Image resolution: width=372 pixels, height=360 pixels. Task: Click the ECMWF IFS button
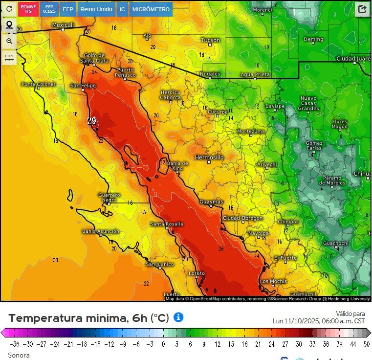click(x=28, y=9)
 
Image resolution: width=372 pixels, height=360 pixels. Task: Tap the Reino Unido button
click(x=97, y=9)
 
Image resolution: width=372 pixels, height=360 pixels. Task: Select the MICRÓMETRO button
click(x=151, y=9)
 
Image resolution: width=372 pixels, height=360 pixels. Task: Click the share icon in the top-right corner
click(x=362, y=9)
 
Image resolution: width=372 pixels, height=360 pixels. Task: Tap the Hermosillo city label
click(x=209, y=157)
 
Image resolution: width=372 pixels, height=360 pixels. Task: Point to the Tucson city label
click(x=211, y=40)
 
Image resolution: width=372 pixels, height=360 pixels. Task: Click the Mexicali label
click(x=63, y=25)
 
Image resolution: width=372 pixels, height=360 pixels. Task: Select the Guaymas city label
click(x=211, y=202)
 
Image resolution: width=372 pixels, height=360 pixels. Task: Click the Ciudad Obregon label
click(x=242, y=218)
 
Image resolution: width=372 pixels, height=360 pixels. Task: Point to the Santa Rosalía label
click(x=166, y=224)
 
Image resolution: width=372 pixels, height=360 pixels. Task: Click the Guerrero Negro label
click(x=109, y=198)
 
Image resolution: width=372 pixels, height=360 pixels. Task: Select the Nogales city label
click(x=210, y=74)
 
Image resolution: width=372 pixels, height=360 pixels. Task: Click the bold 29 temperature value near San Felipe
click(x=91, y=121)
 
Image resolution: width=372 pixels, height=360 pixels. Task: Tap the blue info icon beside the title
click(x=178, y=317)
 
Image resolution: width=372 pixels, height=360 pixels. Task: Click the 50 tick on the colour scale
click(x=366, y=344)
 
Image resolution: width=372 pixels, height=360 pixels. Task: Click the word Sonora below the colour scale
click(x=19, y=355)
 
